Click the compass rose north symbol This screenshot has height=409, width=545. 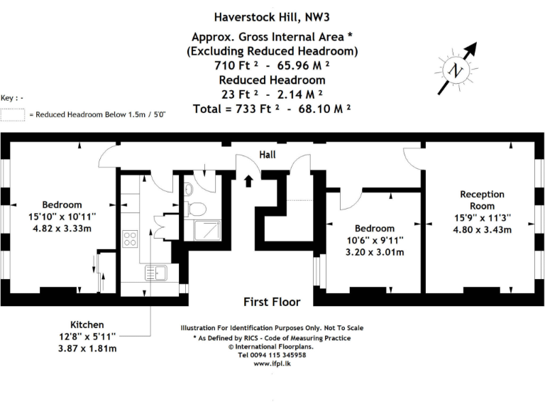point(456,69)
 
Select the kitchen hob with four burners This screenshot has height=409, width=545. point(130,239)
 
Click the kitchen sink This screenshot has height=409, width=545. point(153,271)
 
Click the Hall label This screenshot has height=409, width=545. point(268,155)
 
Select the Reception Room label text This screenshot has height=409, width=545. point(482,200)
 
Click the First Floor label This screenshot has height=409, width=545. point(272,302)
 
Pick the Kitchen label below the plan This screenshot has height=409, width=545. point(87,324)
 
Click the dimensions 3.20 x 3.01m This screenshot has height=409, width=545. point(375,252)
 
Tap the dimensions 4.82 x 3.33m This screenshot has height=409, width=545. point(61,229)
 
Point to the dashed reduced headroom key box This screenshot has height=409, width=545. point(13,114)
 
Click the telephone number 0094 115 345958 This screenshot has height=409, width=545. point(272,355)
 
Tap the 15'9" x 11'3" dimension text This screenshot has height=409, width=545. point(482,218)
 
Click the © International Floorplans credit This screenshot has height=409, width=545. point(272,347)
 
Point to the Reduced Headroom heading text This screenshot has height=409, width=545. point(272,80)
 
